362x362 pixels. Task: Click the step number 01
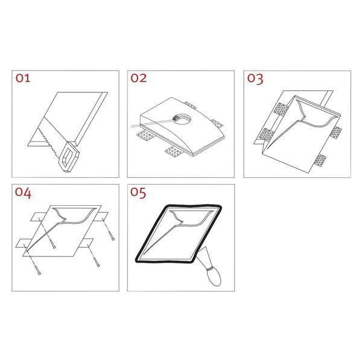tap(23, 78)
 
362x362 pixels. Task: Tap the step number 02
tap(139, 78)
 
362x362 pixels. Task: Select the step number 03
tap(255, 78)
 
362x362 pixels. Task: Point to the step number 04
tap(23, 193)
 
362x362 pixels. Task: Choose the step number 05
tap(138, 192)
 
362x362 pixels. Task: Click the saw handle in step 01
tap(69, 156)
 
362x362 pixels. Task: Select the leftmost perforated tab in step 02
tap(145, 136)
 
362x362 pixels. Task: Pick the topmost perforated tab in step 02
tap(190, 104)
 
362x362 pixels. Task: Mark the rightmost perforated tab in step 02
tap(217, 124)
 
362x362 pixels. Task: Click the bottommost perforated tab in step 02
tap(174, 151)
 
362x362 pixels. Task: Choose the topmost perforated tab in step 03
tap(281, 109)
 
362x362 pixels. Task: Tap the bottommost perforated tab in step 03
tap(320, 160)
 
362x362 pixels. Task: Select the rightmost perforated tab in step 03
tap(336, 133)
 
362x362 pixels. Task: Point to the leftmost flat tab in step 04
tap(22, 243)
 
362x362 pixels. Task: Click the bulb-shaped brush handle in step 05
tap(214, 276)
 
